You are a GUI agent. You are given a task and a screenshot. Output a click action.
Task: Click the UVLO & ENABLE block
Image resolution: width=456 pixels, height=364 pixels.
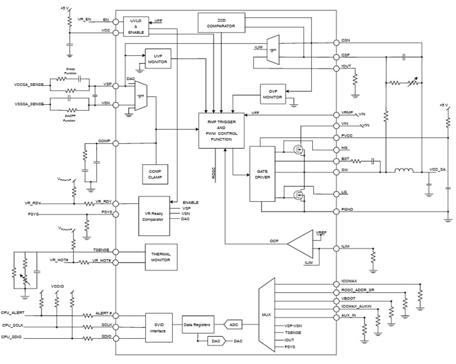coord(136,26)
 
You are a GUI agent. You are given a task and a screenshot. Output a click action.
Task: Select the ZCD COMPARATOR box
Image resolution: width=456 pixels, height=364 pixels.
coord(220,23)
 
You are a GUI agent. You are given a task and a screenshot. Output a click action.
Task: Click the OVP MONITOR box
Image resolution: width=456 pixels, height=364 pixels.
coord(273,93)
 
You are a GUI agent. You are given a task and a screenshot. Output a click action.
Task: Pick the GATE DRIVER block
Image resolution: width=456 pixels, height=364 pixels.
coord(262,174)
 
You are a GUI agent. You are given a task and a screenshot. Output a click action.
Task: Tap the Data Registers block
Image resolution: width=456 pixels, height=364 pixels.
coord(198,323)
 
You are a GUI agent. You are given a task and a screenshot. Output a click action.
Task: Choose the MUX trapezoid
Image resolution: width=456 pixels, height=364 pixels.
coord(267,314)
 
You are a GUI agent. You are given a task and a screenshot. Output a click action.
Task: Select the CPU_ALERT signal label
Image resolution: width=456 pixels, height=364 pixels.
coord(13,313)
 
